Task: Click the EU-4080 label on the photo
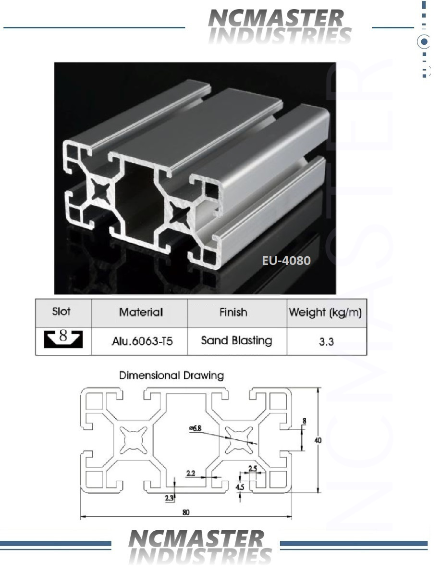tap(286, 260)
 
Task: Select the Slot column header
tap(61, 312)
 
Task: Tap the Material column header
tap(141, 312)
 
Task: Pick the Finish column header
tap(233, 312)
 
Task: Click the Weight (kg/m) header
tap(325, 312)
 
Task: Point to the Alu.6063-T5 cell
tap(142, 341)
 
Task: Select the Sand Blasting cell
tap(236, 340)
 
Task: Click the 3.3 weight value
tap(326, 341)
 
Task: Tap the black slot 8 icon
tap(63, 338)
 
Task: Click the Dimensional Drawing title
tap(171, 375)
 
